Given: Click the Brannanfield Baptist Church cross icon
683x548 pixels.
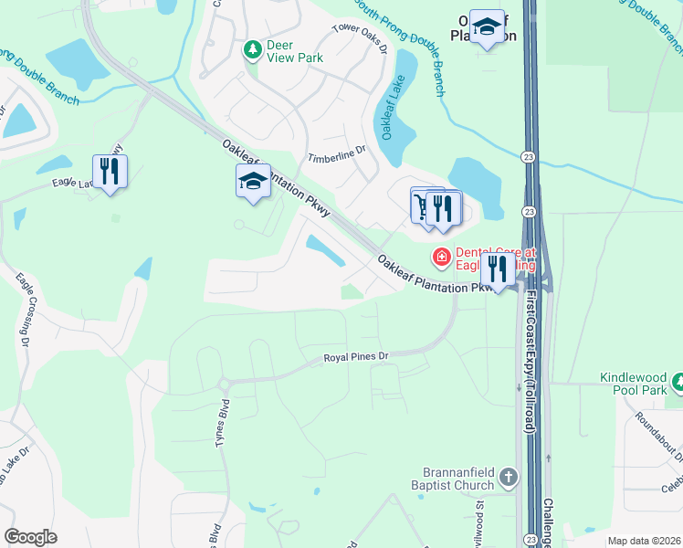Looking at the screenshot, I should [x=510, y=477].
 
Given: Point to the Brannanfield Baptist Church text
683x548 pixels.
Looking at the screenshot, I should [x=452, y=478].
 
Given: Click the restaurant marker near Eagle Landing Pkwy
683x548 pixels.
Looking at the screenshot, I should [x=110, y=171].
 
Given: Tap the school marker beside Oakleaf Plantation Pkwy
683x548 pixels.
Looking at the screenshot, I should [x=253, y=182].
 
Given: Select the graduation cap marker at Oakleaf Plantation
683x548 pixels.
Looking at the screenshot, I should [x=488, y=27].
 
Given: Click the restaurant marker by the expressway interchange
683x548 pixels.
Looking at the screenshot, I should [x=498, y=269].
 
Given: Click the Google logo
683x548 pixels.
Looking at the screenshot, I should [x=30, y=537].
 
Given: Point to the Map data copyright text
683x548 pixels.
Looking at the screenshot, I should [x=644, y=541].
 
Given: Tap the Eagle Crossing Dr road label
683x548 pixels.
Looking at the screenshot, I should [x=24, y=311].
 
